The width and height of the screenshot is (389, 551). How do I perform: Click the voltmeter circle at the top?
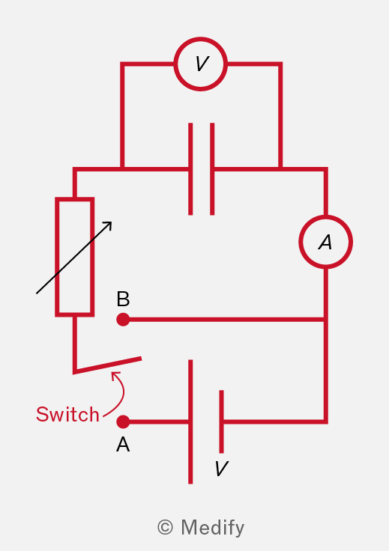point(200,38)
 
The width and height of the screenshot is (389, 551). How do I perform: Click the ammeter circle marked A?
point(326,216)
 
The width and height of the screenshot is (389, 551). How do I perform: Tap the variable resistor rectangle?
point(57,257)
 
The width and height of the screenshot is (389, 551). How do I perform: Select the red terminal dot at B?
point(123,320)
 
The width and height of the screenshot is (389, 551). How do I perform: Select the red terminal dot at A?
point(123,421)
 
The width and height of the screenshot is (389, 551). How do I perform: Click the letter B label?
point(123,299)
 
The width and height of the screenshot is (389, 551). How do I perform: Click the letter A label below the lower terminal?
point(123,445)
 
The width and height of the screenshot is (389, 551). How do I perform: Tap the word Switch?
point(67,414)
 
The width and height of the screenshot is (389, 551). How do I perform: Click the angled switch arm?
point(109,365)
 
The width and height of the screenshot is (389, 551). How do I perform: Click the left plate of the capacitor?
point(190,168)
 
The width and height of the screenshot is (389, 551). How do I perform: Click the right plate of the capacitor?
point(212,168)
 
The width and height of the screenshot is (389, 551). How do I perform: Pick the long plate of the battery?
point(190,421)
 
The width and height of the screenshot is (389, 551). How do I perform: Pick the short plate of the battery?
point(221,421)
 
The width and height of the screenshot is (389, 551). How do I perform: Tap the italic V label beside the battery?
point(222,469)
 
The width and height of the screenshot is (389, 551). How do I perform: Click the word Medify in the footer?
point(212,528)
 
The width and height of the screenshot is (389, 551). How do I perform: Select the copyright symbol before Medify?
point(166,527)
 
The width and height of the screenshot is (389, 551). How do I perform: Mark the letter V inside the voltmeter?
point(202,64)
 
